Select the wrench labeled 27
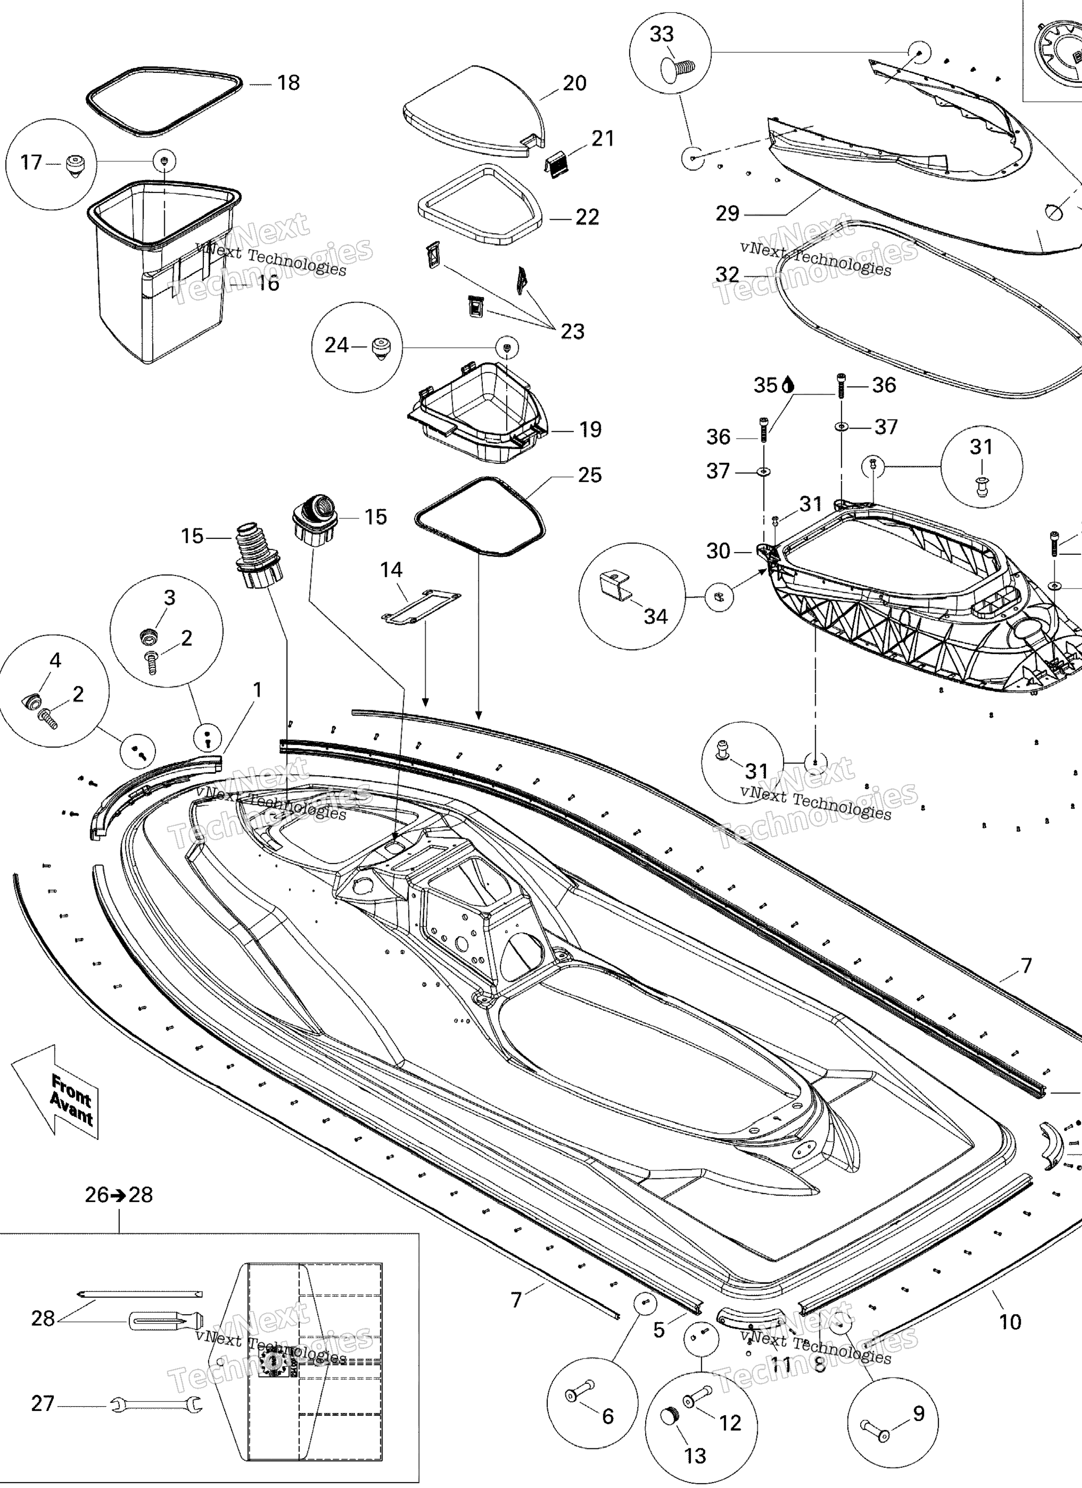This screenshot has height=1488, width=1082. coord(155,1405)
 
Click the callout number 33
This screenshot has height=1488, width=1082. coord(661,34)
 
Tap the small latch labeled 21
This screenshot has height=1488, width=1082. coord(558,162)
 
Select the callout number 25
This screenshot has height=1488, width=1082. coord(589,475)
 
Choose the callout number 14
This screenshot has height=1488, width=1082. coord(391,570)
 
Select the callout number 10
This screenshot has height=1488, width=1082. coord(1010,1322)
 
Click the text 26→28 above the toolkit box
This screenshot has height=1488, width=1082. coord(119,1195)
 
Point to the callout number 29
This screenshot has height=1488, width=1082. coord(727,213)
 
